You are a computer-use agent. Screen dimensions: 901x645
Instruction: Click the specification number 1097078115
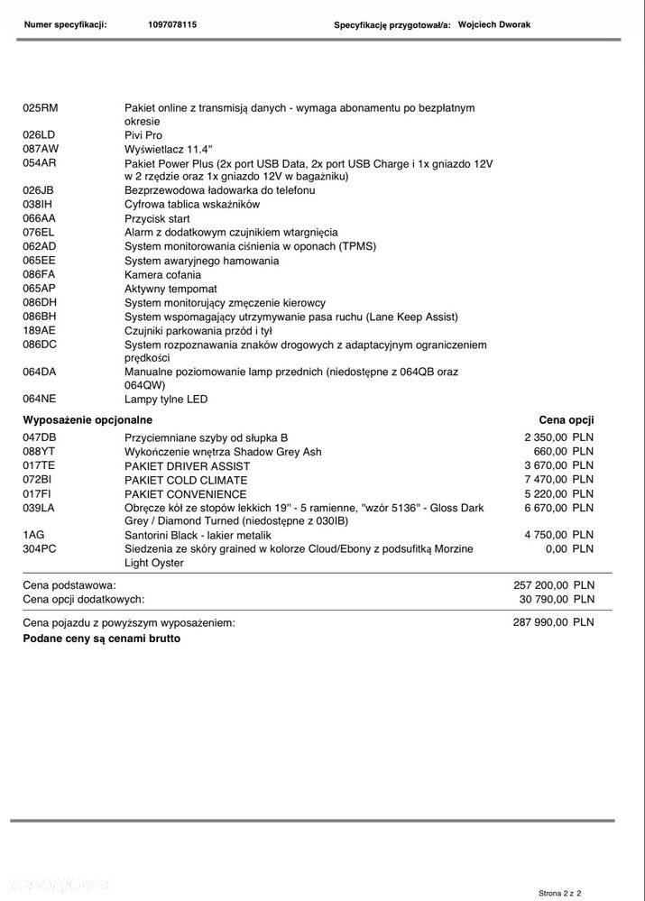tap(171, 24)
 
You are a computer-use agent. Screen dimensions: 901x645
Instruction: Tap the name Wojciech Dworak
tap(493, 24)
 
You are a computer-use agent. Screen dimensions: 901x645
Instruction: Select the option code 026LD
tap(39, 135)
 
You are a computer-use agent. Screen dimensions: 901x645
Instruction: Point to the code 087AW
tap(40, 149)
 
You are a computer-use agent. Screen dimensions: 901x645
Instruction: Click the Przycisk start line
tap(157, 218)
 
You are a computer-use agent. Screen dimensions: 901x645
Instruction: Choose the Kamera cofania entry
tap(162, 275)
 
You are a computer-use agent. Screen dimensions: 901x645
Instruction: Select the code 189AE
tap(39, 331)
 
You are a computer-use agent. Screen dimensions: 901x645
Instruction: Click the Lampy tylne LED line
tap(166, 399)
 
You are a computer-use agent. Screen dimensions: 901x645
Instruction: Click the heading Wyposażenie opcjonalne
tap(88, 419)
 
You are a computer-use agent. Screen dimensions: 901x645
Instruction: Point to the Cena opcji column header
tap(566, 419)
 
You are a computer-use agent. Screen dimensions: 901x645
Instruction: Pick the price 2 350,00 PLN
tap(558, 437)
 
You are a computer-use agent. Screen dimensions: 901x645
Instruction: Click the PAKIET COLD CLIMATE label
tap(186, 481)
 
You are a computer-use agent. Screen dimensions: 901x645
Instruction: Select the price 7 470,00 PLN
tap(558, 480)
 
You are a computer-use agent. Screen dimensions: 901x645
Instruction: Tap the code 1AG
tap(33, 535)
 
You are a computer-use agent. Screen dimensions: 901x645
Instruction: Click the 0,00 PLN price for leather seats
tap(569, 548)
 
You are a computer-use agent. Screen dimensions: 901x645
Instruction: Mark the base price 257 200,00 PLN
tap(553, 584)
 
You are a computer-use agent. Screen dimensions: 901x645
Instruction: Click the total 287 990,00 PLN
tap(553, 621)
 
